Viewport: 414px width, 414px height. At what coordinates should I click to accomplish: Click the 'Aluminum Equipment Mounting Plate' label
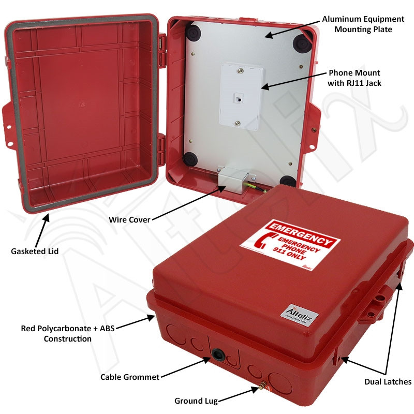(357, 24)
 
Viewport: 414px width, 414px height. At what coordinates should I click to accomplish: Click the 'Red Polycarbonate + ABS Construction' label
(56, 333)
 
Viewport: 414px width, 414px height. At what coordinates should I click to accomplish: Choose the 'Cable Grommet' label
(130, 377)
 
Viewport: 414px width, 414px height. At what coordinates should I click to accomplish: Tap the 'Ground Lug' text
(196, 401)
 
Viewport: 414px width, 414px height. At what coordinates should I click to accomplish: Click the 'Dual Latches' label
(387, 382)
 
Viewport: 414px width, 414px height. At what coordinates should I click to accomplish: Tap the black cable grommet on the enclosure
(217, 356)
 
